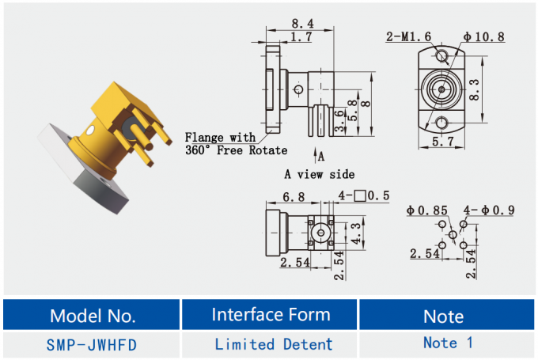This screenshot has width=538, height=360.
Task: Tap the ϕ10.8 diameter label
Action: click(x=484, y=36)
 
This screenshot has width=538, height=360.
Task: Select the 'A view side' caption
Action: click(x=319, y=174)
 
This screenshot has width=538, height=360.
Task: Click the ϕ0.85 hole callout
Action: click(x=427, y=210)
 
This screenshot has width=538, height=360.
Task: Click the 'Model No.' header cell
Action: click(x=92, y=316)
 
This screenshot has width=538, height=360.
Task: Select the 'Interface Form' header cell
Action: click(x=271, y=314)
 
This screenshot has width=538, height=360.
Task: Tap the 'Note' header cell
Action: click(x=443, y=316)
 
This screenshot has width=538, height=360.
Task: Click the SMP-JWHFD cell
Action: click(x=92, y=344)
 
